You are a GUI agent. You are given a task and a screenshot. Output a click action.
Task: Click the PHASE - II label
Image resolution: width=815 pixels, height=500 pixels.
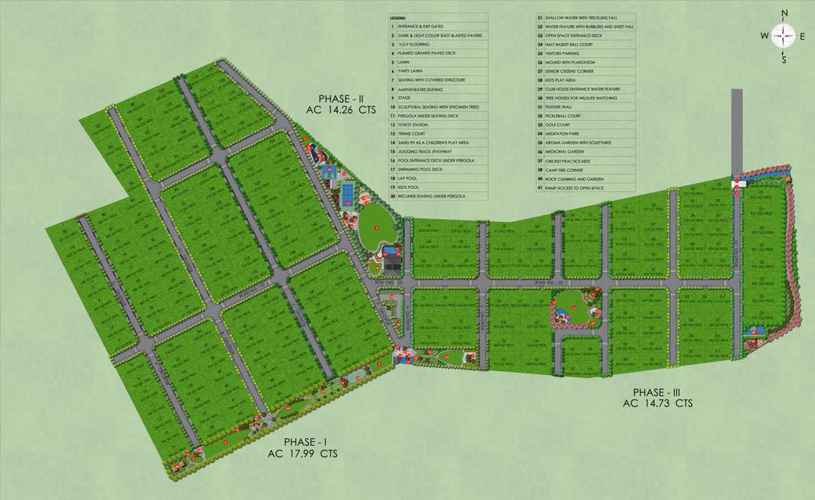point(341,99)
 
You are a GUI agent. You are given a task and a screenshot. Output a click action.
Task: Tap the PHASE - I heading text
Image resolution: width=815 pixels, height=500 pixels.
point(302,442)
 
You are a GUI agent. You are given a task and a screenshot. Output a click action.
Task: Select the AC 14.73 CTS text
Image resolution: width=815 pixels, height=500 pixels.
point(657,404)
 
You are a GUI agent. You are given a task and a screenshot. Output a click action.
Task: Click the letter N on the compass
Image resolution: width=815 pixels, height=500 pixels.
point(784,13)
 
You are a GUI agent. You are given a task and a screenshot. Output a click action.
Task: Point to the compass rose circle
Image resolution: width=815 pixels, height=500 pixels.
point(784,35)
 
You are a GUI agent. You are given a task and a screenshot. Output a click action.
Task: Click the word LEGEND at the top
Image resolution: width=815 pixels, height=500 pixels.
point(398,18)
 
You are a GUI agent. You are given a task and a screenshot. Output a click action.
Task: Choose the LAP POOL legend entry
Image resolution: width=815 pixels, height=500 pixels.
point(408,187)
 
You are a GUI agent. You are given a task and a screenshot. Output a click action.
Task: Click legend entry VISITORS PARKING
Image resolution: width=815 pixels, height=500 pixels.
point(562,53)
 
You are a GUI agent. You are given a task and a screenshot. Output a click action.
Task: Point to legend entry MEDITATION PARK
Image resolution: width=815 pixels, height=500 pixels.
point(563,133)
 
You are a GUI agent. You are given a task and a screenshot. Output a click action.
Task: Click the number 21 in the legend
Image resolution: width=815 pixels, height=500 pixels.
point(540,18)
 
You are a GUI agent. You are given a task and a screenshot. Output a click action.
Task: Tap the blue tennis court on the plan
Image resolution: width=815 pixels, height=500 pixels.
point(348,193)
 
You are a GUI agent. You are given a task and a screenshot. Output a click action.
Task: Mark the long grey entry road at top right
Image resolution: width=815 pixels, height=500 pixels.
point(736,130)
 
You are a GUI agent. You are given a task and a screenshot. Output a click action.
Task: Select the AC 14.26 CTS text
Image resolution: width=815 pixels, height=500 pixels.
point(341,111)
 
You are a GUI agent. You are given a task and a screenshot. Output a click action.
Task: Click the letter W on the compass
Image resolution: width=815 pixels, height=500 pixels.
point(764,36)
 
